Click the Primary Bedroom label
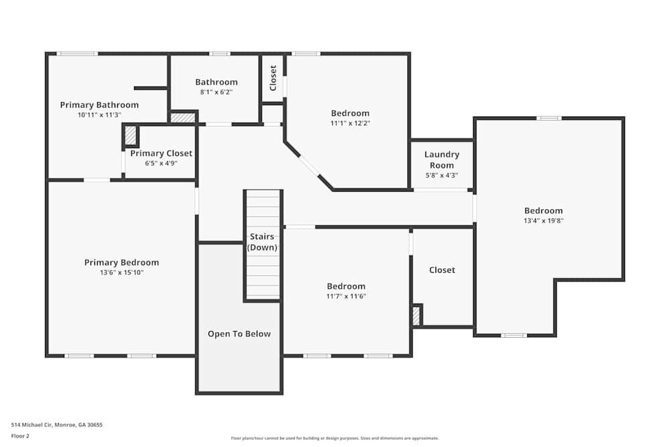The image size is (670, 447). [121, 263]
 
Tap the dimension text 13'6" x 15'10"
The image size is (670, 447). [121, 272]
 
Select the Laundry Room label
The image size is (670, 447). [442, 159]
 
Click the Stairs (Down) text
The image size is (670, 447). [262, 242]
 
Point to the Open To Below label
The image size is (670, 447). [239, 334]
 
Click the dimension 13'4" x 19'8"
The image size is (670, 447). [543, 220]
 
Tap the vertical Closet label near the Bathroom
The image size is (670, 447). [273, 78]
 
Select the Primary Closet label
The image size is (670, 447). [161, 153]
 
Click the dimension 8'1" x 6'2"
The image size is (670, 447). [216, 92]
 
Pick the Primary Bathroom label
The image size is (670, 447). [99, 105]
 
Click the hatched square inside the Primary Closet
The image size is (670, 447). [131, 136]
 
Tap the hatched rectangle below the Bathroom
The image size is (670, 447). [182, 118]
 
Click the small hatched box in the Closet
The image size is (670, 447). [416, 315]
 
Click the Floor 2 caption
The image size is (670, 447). [20, 436]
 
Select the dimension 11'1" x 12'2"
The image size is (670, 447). [350, 123]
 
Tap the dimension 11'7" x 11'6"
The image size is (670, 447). [346, 296]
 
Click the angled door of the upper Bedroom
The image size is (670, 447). [309, 166]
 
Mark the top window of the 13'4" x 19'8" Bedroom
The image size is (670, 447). [549, 119]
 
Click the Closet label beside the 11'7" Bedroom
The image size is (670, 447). [442, 270]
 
